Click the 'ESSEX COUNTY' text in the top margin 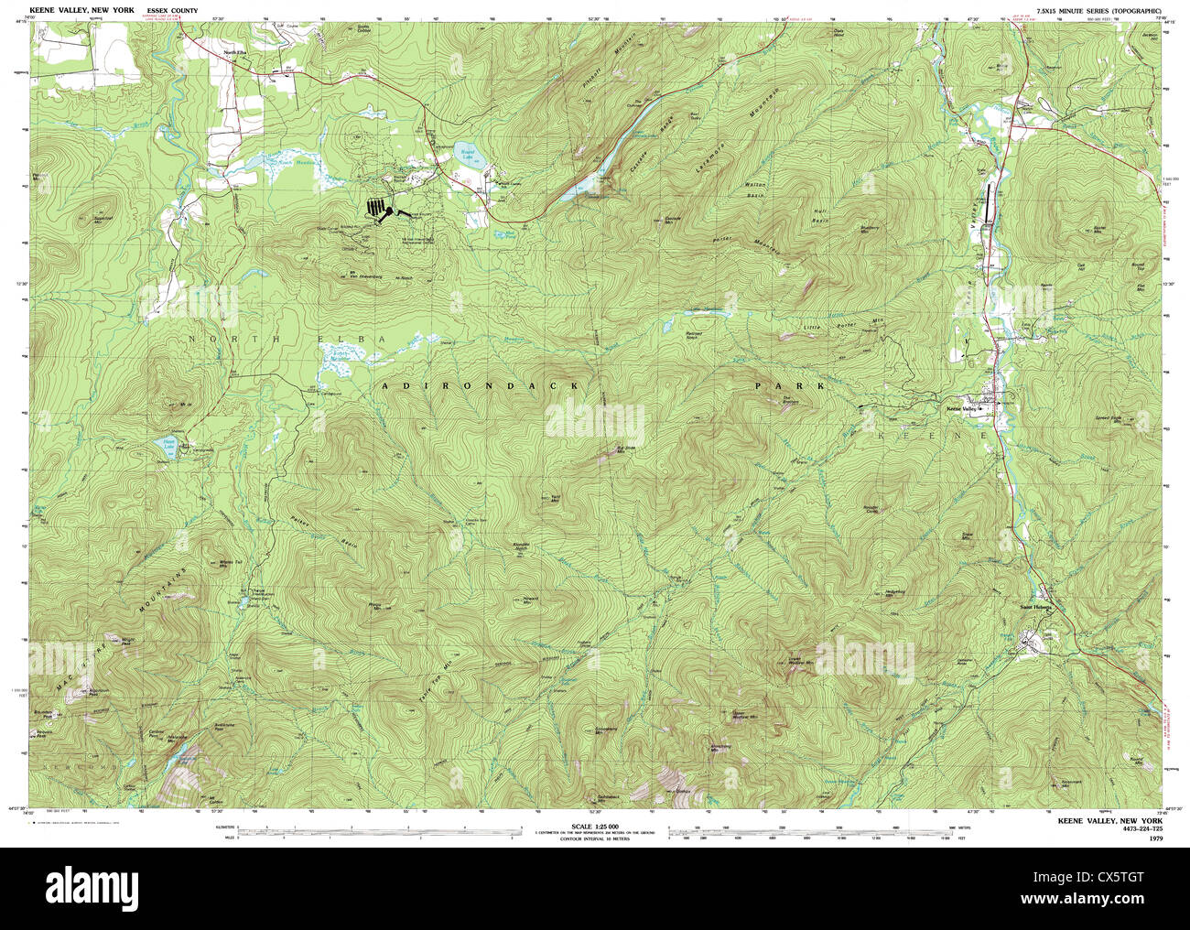click(171, 10)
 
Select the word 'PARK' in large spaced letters click(789, 387)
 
